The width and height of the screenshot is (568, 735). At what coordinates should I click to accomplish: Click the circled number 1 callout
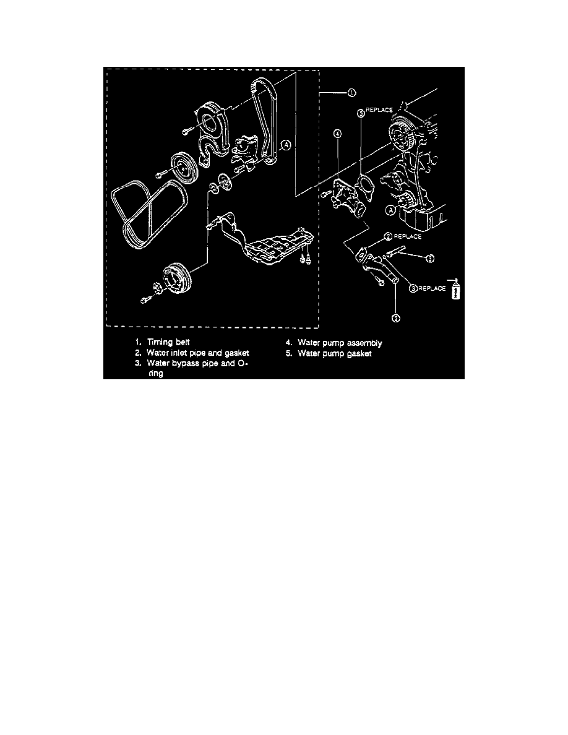pyautogui.click(x=351, y=93)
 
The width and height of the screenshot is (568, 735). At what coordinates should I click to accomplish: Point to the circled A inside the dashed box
pyautogui.click(x=285, y=145)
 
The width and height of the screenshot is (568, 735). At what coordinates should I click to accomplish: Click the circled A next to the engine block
pyautogui.click(x=390, y=210)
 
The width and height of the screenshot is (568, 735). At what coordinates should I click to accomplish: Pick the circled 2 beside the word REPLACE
pyautogui.click(x=387, y=236)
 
